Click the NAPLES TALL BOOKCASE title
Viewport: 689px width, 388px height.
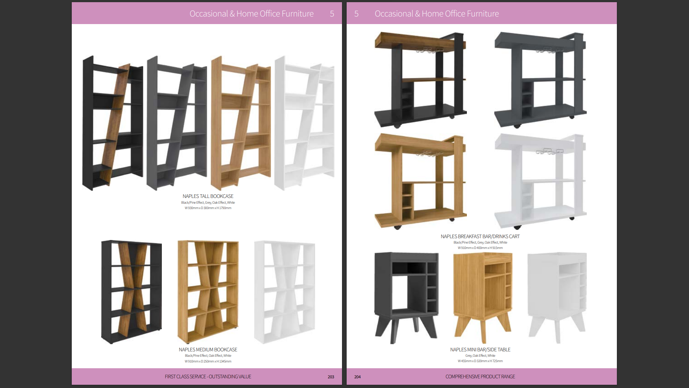pyautogui.click(x=208, y=196)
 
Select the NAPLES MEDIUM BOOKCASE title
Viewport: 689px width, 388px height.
pyautogui.click(x=208, y=350)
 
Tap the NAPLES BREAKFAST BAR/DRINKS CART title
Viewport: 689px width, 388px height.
pyautogui.click(x=480, y=236)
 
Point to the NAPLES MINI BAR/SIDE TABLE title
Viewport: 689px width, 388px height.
pyautogui.click(x=480, y=350)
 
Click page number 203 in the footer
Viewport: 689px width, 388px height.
pyautogui.click(x=331, y=377)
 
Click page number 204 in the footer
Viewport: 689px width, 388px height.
pyautogui.click(x=357, y=377)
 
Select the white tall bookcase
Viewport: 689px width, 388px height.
pyautogui.click(x=304, y=123)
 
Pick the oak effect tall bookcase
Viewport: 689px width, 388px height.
pyautogui.click(x=241, y=123)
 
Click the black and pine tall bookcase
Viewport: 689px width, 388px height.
pyautogui.click(x=113, y=123)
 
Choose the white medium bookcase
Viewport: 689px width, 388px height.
pyautogui.click(x=285, y=292)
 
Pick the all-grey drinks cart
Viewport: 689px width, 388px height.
pyautogui.click(x=540, y=80)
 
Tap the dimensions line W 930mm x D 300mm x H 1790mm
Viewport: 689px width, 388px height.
pyautogui.click(x=208, y=208)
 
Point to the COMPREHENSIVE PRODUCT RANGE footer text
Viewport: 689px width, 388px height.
pyautogui.click(x=480, y=377)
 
